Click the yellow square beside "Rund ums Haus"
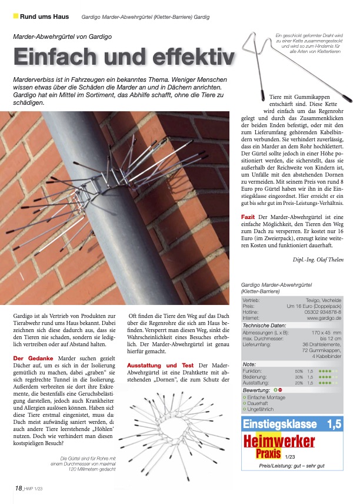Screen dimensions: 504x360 [15, 16]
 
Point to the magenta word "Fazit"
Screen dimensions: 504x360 [248, 217]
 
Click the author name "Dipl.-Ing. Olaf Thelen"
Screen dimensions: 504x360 [318, 259]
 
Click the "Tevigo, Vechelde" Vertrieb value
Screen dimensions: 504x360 [322, 300]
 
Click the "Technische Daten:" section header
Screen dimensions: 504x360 [265, 326]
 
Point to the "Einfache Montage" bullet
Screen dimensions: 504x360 [266, 398]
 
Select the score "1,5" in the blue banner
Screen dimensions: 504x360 [334, 424]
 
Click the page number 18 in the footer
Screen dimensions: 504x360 [19, 488]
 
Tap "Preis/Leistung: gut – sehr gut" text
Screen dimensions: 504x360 [292, 466]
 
